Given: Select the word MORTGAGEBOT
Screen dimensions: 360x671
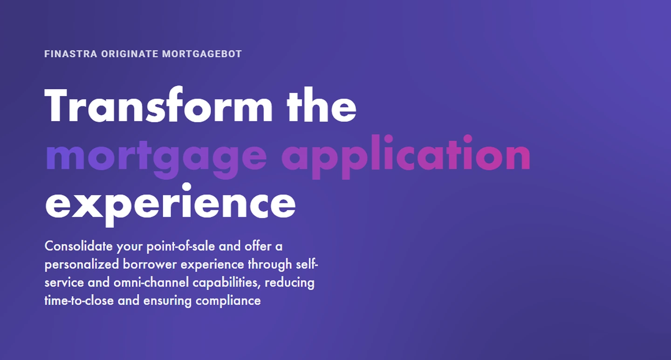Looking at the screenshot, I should (x=202, y=54).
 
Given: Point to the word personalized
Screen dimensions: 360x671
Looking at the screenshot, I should (x=82, y=265).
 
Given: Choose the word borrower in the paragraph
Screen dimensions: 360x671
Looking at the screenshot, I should (x=150, y=265).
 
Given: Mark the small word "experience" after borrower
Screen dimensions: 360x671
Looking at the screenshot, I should (x=212, y=265).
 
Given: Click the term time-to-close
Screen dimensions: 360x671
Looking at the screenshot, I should (x=79, y=301).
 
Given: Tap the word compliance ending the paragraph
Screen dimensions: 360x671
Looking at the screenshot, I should (x=228, y=301).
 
